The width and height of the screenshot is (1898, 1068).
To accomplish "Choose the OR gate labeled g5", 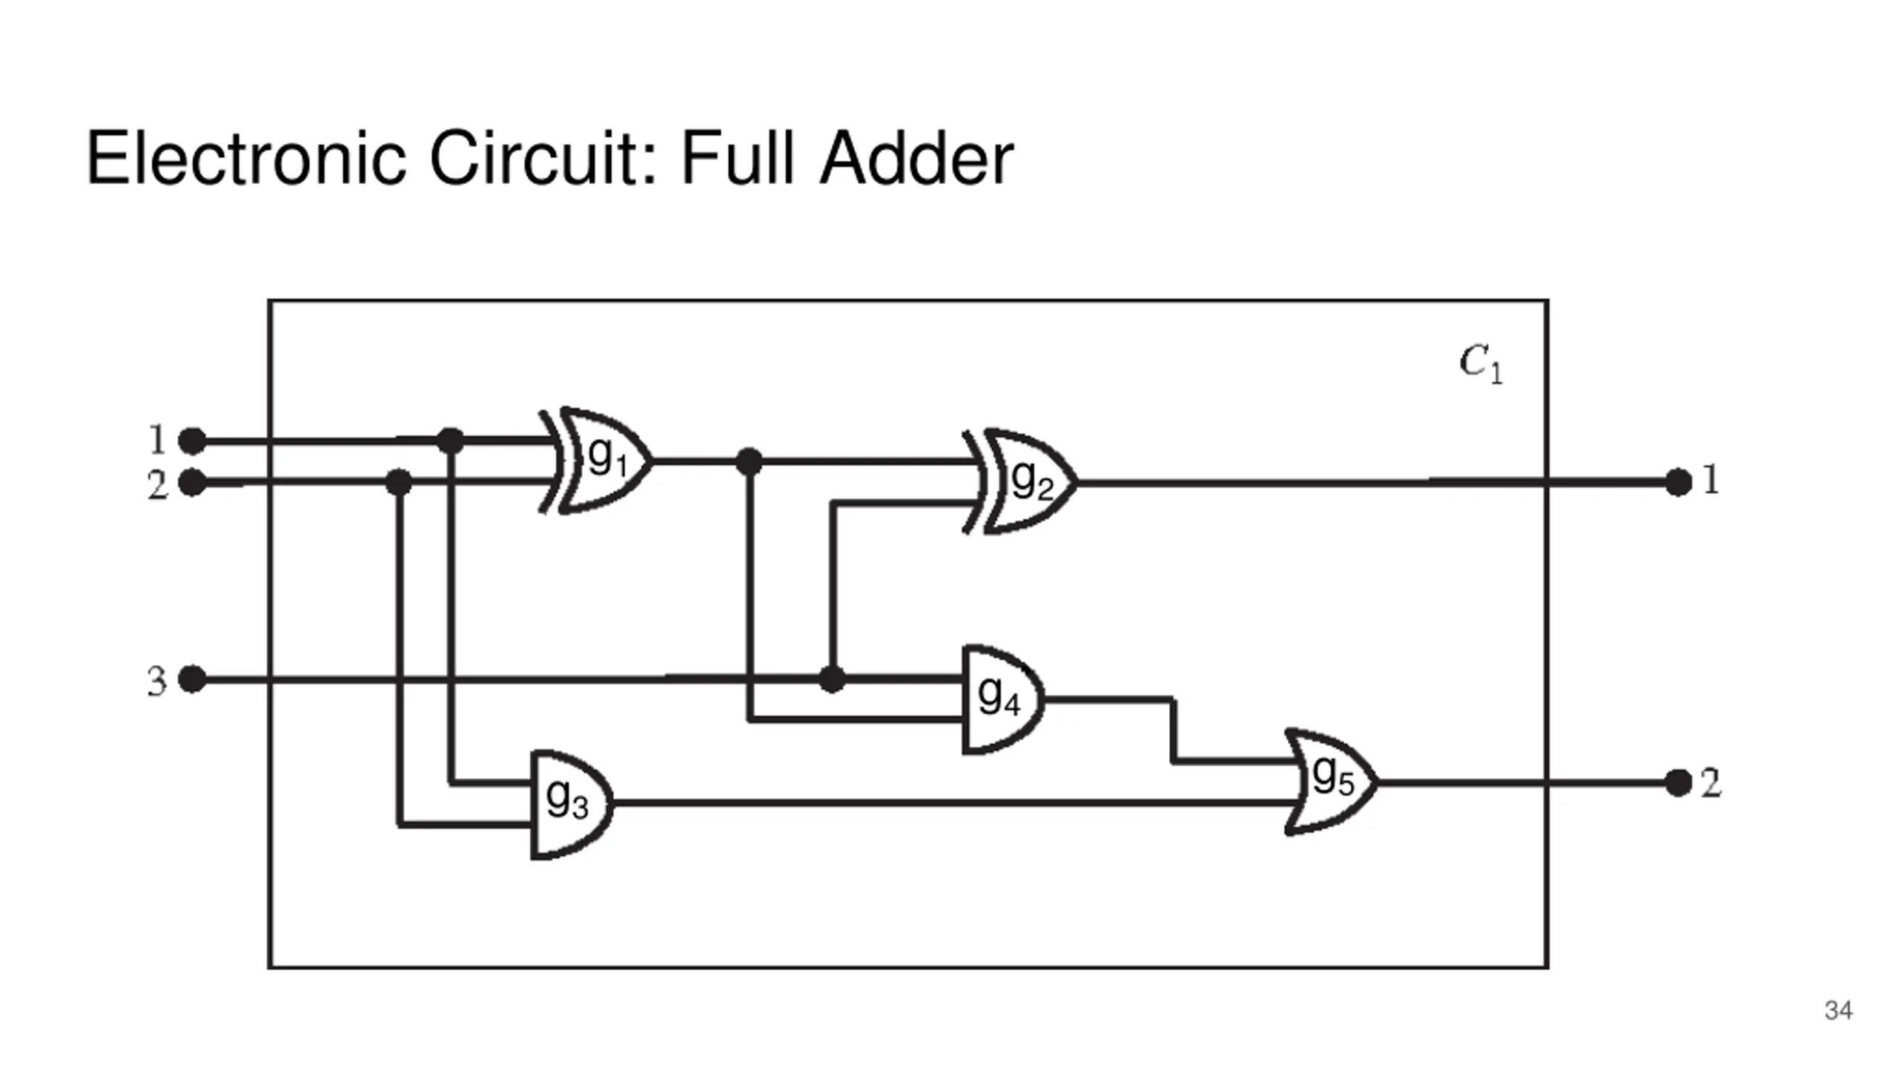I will coord(1333,782).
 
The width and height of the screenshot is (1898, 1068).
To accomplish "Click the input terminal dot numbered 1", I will coord(193,441).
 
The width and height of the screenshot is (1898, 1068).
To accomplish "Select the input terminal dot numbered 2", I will coord(193,483).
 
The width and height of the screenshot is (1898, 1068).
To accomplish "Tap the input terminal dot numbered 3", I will coord(193,679).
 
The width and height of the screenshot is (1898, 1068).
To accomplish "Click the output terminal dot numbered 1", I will coord(1679,482).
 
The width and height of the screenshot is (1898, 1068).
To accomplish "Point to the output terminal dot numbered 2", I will coord(1679,782).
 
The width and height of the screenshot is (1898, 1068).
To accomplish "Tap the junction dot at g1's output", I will coord(749,461).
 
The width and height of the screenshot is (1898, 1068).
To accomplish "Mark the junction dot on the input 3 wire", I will coord(832,679).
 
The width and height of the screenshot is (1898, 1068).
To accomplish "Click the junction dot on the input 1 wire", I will coord(451,441).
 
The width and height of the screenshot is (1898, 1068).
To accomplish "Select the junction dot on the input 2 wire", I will coord(399,483).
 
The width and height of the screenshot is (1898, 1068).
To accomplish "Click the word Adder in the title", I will coord(916,158).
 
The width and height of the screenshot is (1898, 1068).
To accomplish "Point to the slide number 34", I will coord(1838,1011).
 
